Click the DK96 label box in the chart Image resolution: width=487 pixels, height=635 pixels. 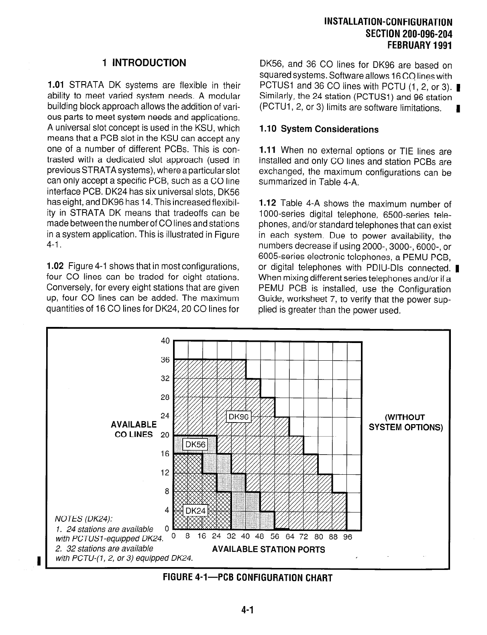coord(239,417)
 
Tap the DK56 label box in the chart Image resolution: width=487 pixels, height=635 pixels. coord(195,445)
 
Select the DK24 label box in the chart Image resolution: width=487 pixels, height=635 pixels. coord(195,510)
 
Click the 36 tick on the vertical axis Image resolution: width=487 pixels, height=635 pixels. coord(165,359)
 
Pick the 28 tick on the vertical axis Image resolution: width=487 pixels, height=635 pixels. coord(165,397)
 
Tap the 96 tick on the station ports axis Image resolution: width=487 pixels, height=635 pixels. coord(348,537)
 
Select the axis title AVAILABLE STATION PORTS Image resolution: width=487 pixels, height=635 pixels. coord(269,549)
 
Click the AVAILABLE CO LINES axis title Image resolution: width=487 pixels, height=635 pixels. coord(134,429)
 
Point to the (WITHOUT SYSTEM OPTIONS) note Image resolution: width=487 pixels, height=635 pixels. coord(405,422)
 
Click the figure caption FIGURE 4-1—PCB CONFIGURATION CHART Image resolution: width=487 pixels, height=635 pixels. coord(247,578)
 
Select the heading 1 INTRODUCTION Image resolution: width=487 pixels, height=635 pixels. coord(144,63)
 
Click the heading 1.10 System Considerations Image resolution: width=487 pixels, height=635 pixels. coord(319,129)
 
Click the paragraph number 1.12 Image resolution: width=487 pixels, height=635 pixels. coord(267,204)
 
